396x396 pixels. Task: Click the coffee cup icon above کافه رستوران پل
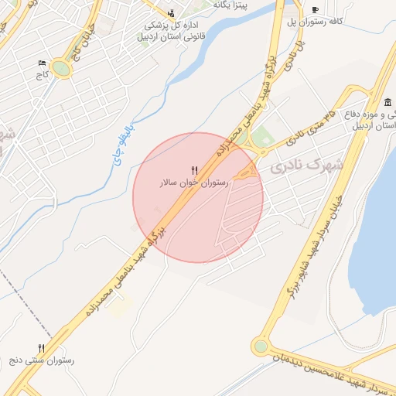[x=314, y=9]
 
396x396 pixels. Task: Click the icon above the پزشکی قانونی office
[x=172, y=12]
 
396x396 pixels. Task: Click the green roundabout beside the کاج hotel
[x=61, y=69]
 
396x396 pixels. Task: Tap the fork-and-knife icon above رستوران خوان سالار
[x=194, y=169]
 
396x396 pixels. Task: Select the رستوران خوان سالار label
[x=193, y=183]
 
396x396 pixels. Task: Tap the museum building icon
[x=387, y=104]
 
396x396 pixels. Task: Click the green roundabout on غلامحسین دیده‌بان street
[x=261, y=346]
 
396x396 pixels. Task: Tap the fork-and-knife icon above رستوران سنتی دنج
[x=41, y=348]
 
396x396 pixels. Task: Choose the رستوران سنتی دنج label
[x=48, y=360]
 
